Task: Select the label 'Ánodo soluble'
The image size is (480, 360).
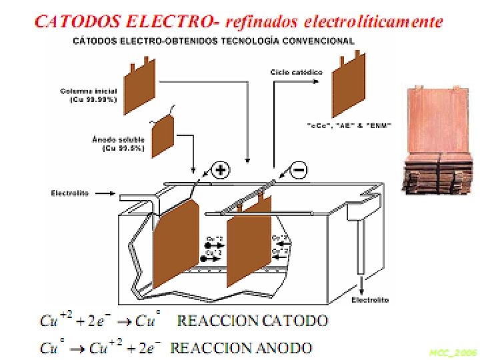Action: point(109,140)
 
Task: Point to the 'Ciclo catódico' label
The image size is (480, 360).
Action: point(297,71)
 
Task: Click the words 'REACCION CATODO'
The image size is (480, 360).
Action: point(252,321)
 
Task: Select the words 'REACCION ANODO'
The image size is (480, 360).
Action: point(241,347)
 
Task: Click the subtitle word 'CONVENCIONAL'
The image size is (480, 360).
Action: point(321,41)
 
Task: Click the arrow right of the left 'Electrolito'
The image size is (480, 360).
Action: point(105,194)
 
